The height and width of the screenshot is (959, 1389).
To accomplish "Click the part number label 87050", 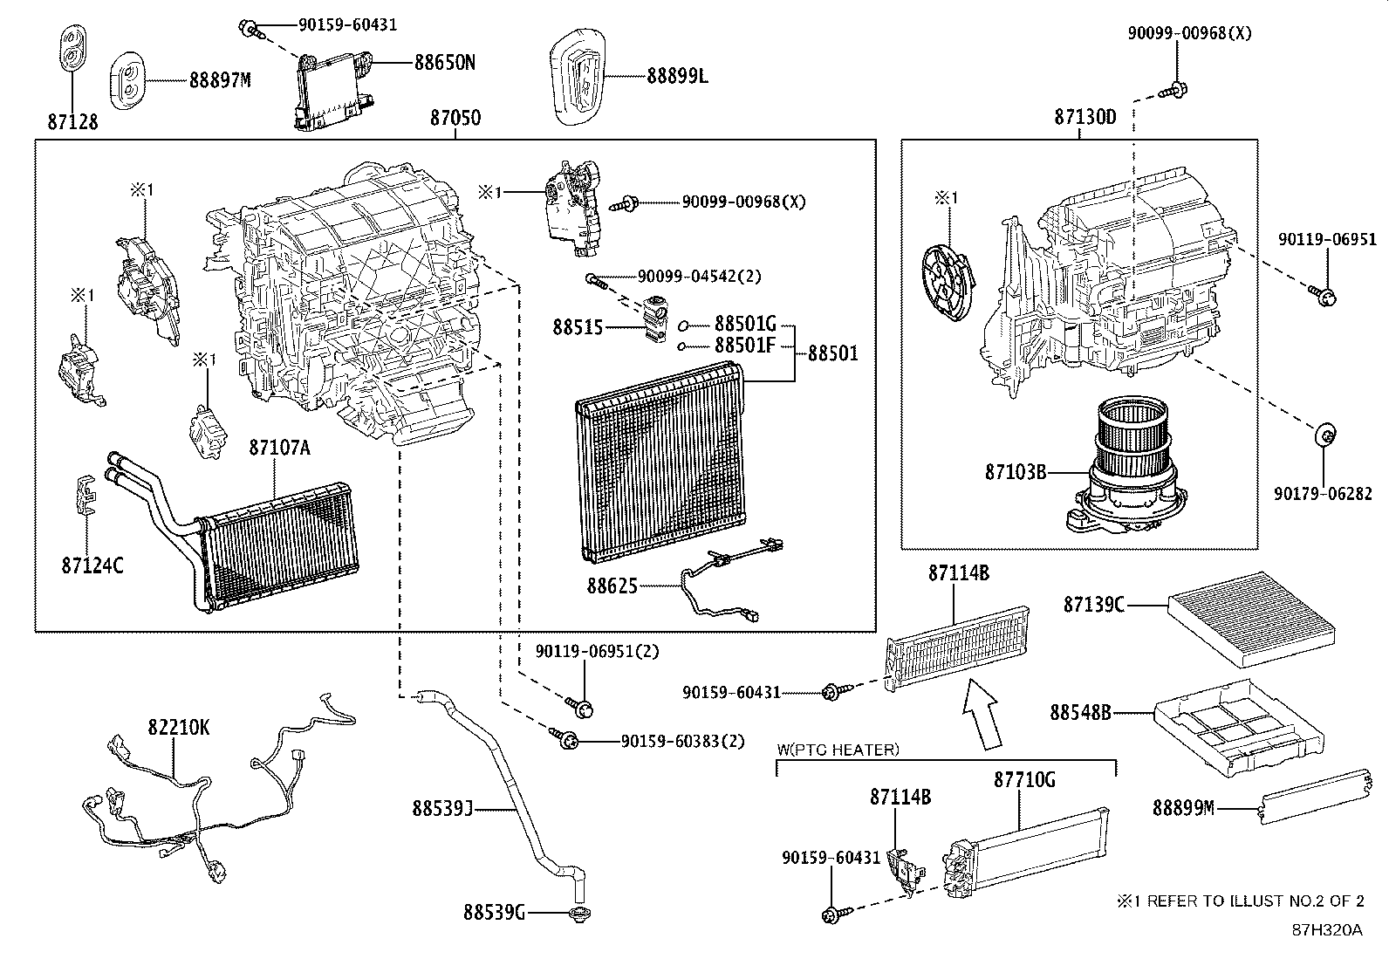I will (455, 118).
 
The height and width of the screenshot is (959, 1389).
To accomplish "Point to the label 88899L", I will (677, 77).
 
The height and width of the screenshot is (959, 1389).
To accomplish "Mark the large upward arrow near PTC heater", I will (982, 713).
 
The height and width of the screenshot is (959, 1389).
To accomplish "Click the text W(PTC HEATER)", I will (838, 750).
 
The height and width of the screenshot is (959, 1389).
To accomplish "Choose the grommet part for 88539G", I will (576, 914).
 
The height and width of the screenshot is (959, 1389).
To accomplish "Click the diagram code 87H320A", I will (1327, 929).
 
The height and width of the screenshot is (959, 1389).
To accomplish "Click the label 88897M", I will (220, 80).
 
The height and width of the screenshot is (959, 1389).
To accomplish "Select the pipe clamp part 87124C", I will (84, 498).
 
